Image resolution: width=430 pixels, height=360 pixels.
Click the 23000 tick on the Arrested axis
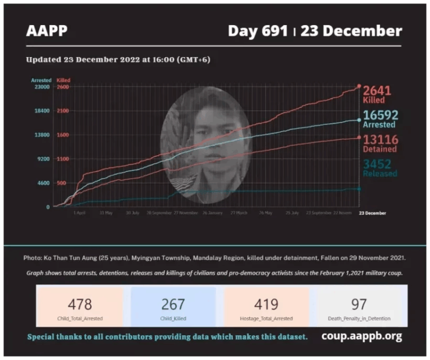tap(43, 87)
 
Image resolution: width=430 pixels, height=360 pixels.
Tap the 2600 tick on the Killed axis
tap(62, 87)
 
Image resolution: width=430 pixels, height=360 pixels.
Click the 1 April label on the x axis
tap(80, 213)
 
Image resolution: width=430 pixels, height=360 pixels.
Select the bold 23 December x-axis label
tap(372, 213)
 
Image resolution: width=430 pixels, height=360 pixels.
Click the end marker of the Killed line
tap(359, 86)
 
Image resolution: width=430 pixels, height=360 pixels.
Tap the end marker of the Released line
tap(359, 189)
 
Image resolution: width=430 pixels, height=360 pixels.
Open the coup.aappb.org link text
tap(362, 336)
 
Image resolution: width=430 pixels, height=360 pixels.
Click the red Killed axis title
tap(63, 81)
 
